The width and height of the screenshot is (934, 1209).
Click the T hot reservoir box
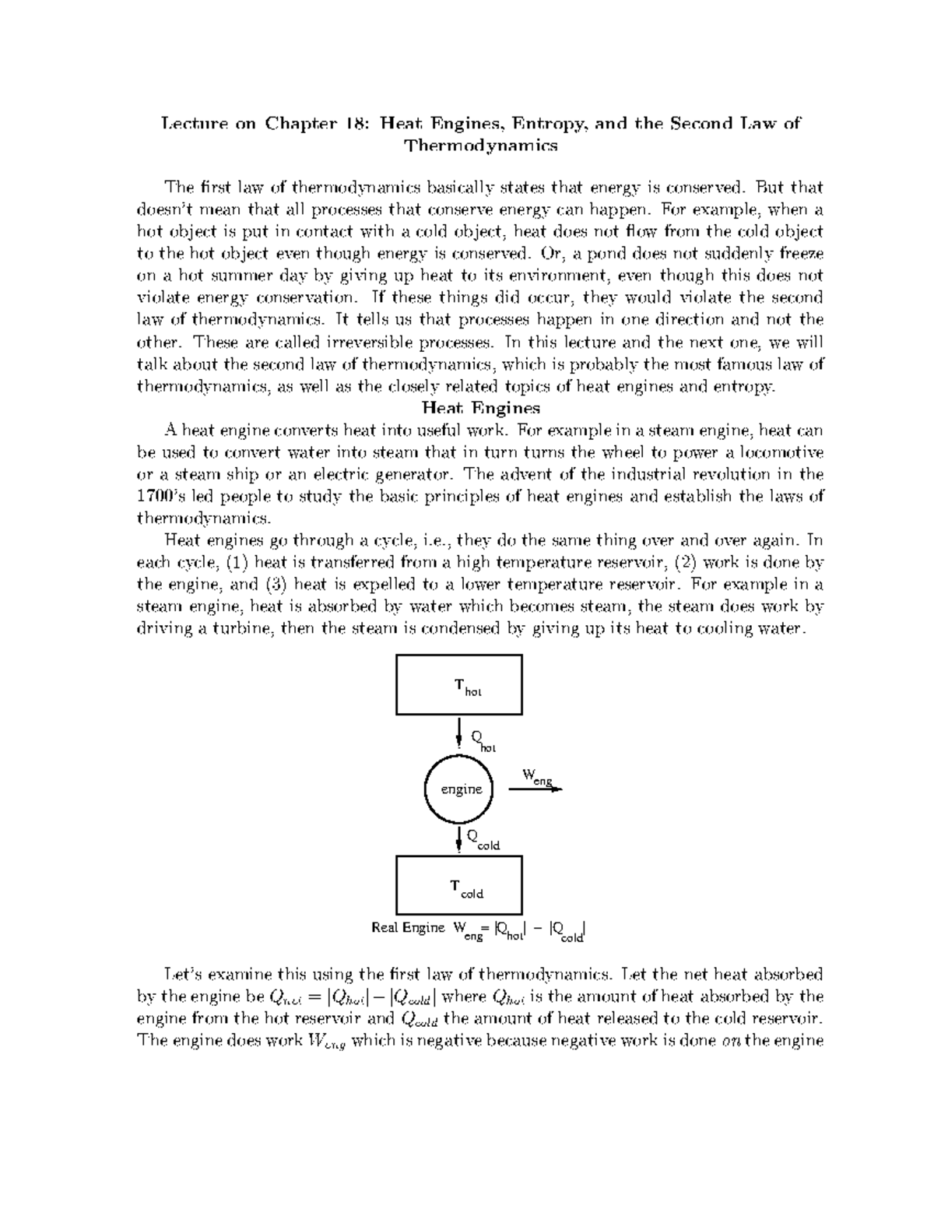(x=459, y=684)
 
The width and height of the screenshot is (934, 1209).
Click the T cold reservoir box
(x=459, y=885)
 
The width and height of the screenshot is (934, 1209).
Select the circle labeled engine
(x=461, y=789)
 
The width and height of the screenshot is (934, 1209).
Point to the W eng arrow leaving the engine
(x=535, y=788)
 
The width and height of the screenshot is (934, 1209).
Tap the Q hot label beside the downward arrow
(x=483, y=740)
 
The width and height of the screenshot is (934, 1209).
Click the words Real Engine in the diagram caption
(x=408, y=927)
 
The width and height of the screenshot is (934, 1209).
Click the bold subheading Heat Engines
(x=480, y=408)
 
